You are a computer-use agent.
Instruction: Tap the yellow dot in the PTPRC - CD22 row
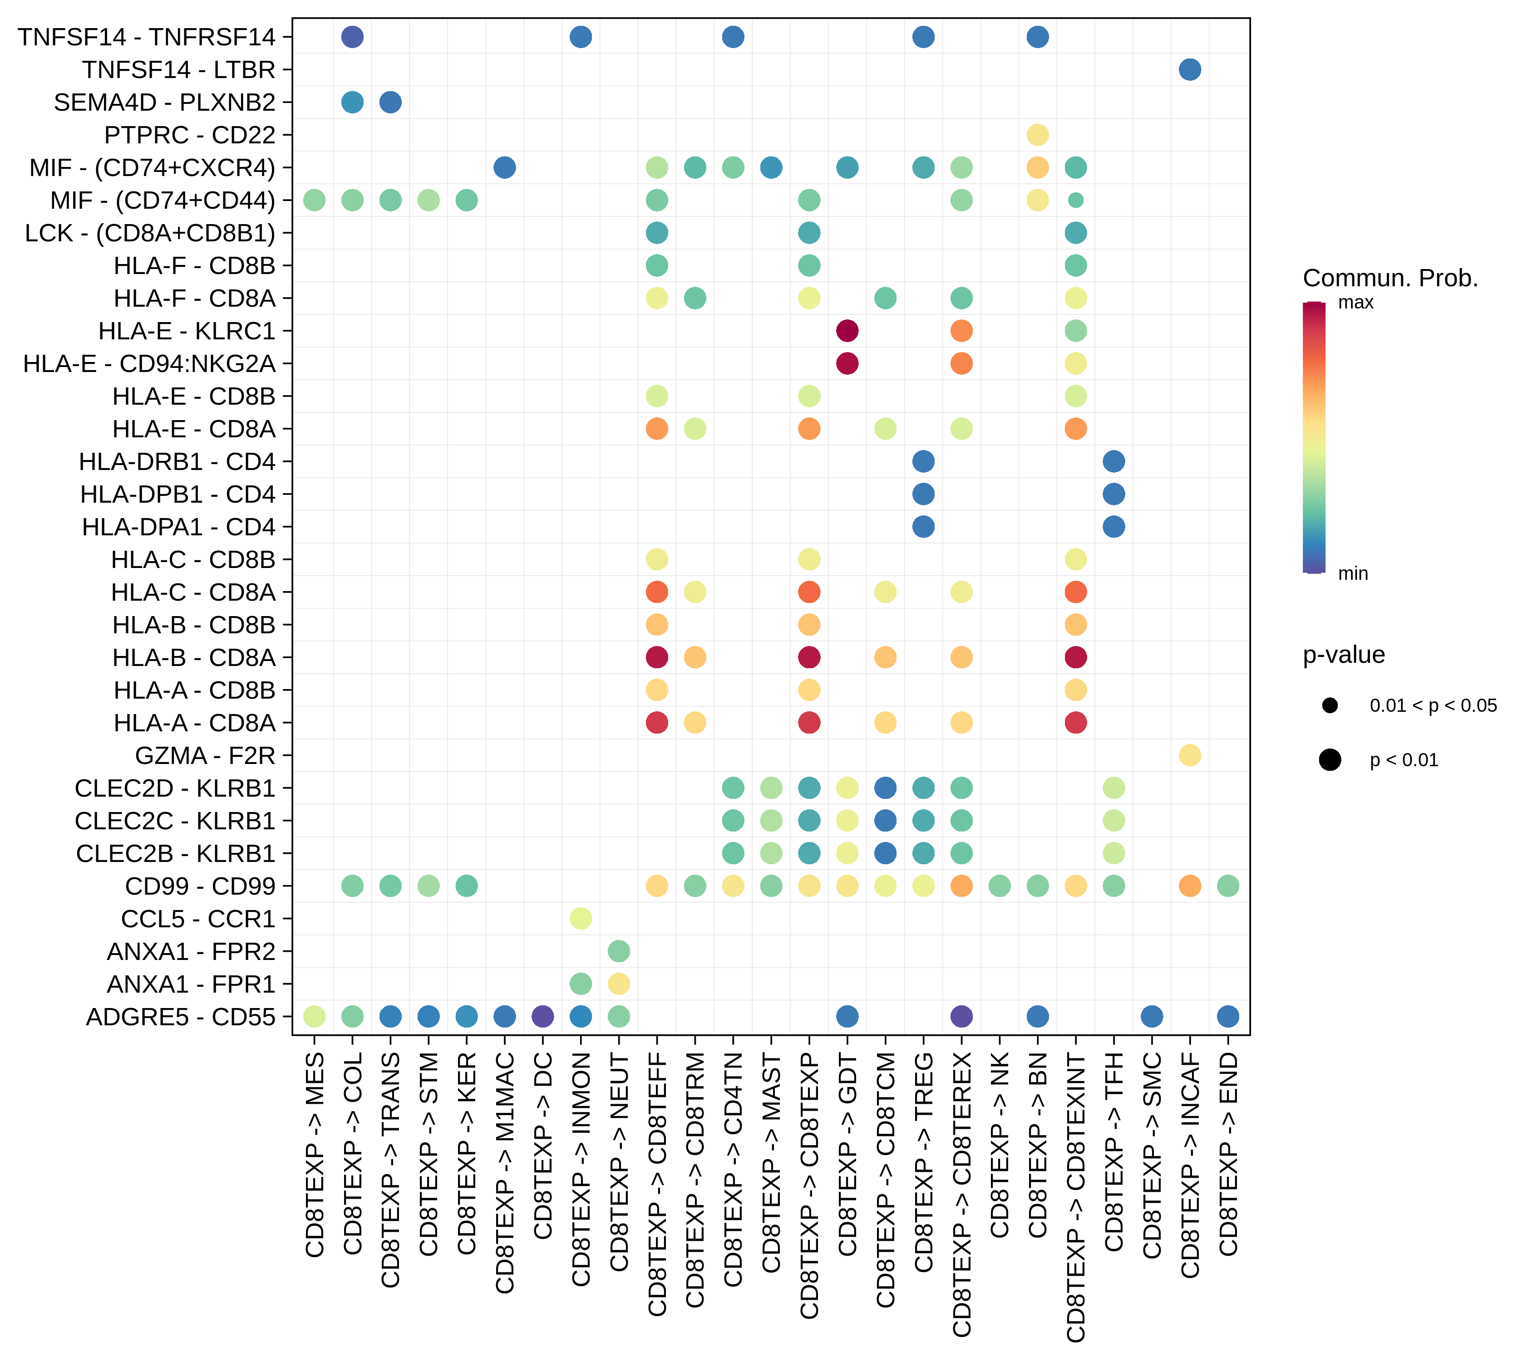(x=1037, y=135)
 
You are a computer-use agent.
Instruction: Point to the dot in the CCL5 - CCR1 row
(x=581, y=918)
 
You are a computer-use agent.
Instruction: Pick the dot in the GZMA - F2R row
(x=1189, y=755)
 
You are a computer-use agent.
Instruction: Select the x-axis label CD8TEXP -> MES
(x=315, y=1154)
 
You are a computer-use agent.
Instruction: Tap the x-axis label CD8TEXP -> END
(x=1228, y=1154)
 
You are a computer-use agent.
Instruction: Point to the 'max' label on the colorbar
(x=1356, y=303)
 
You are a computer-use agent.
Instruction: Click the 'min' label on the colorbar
(x=1353, y=574)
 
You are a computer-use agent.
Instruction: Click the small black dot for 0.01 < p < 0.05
(x=1330, y=705)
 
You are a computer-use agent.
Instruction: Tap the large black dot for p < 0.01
(x=1330, y=760)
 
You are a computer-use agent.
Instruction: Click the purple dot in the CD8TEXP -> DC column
(x=542, y=1017)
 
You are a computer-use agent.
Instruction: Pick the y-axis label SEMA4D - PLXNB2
(x=164, y=102)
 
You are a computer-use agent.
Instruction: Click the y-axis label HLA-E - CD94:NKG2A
(x=149, y=363)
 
